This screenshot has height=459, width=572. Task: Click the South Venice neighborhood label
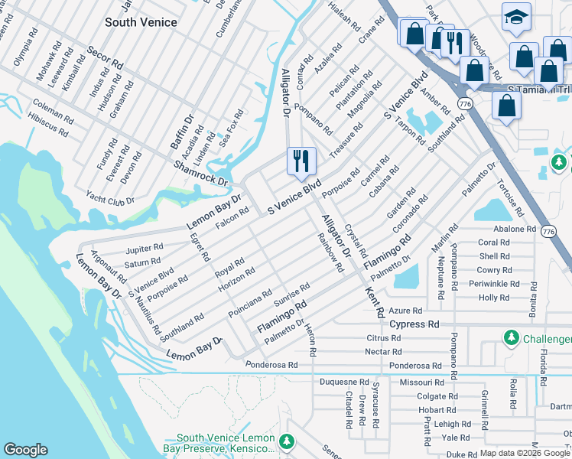[x=141, y=22]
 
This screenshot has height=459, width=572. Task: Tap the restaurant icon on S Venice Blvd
[x=301, y=161]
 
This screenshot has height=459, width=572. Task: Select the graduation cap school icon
[x=516, y=16]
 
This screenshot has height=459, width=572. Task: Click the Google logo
[x=25, y=450]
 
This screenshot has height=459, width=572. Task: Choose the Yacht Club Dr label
[x=110, y=199]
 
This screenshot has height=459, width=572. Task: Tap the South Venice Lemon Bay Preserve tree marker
[x=286, y=441]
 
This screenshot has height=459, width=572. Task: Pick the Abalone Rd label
[x=514, y=229]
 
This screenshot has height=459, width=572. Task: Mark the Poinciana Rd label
[x=249, y=304]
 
